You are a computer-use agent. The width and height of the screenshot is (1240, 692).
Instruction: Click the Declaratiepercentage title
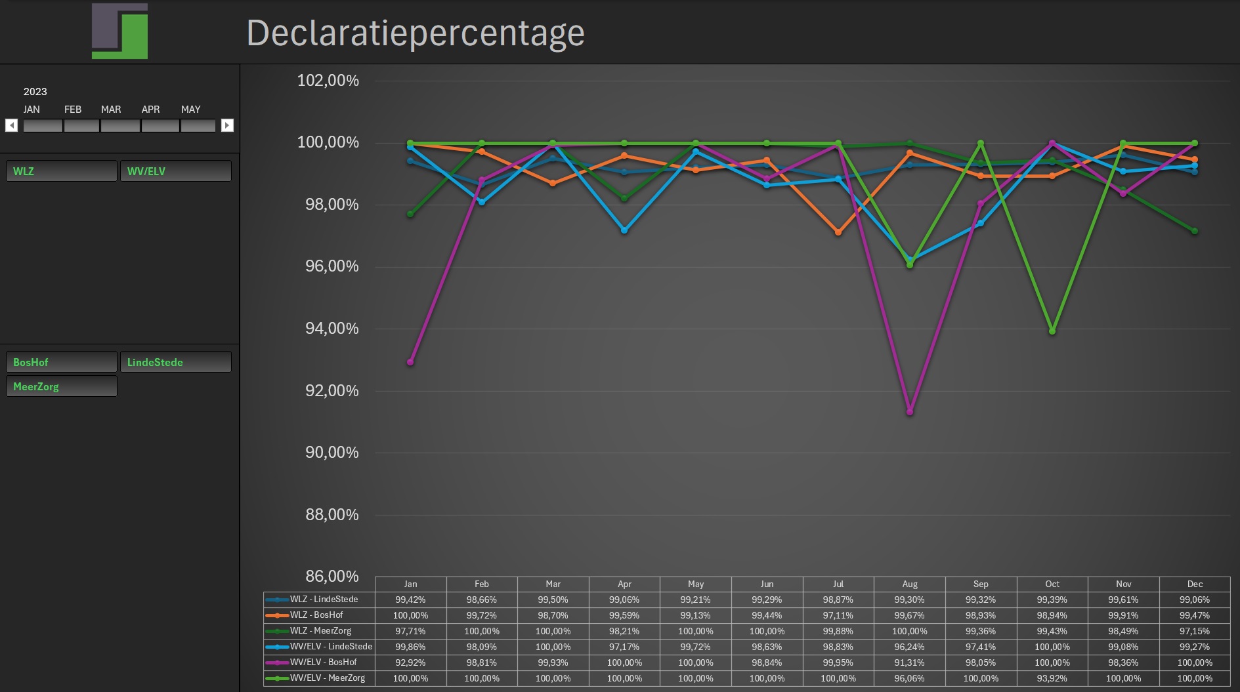415,33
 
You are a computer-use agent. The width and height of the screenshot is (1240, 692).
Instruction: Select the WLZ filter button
62,171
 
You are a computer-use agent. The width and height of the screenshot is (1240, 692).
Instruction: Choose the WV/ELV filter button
175,171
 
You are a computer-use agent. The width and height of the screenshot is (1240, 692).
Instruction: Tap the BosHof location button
62,362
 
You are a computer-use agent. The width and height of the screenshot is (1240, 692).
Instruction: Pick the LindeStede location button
175,362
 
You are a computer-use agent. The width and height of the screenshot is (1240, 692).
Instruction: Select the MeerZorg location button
62,386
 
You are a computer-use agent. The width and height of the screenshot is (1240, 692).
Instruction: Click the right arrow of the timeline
227,125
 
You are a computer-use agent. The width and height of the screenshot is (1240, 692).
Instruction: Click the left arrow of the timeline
12,125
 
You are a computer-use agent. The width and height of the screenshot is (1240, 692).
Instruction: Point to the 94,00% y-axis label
331,329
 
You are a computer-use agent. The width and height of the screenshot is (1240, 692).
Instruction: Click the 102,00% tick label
328,81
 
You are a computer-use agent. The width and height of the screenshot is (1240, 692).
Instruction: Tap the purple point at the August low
910,412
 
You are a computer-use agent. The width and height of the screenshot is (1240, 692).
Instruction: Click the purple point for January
411,362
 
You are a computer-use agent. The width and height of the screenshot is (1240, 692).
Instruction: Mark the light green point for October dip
1052,331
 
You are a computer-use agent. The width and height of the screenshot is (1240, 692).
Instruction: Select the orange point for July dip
838,232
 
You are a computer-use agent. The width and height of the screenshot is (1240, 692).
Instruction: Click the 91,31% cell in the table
909,662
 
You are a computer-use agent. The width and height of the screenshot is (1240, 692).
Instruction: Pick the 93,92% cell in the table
1052,678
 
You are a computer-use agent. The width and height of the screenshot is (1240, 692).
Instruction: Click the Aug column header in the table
909,584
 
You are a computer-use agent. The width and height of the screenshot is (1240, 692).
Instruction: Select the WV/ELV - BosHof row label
324,662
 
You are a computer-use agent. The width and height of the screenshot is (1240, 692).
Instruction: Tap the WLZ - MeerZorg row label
321,631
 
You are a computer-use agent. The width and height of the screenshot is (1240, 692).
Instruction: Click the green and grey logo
120,31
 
